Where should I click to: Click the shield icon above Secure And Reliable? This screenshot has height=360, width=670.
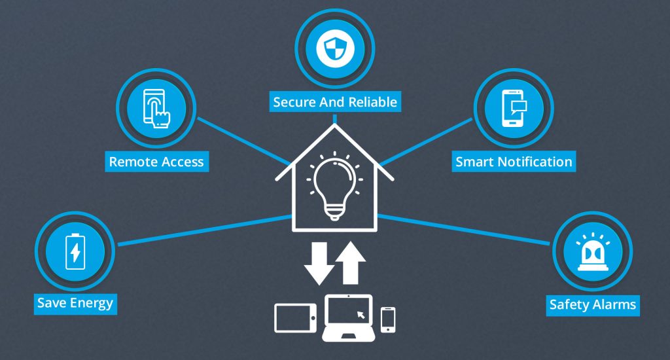tap(335, 48)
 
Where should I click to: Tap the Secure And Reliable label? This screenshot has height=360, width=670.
tap(335, 101)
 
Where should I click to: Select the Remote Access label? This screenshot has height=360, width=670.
tap(157, 162)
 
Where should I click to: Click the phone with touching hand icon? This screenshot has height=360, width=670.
tap(156, 108)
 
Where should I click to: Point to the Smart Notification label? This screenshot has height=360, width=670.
tap(514, 162)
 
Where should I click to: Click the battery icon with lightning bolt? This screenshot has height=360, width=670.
tap(75, 251)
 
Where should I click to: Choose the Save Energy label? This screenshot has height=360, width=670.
tap(75, 303)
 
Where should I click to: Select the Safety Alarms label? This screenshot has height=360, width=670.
tap(593, 305)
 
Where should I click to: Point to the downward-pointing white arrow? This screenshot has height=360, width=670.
tap(319, 263)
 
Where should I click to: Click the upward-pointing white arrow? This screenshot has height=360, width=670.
tap(351, 262)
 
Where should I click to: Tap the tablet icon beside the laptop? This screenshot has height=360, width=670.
tap(295, 317)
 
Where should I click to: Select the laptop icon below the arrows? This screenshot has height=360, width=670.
tap(348, 317)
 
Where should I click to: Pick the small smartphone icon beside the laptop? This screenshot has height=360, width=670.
tap(388, 319)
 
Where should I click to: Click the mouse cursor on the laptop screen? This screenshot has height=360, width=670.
tap(361, 315)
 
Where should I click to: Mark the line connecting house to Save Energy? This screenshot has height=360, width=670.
tap(205, 230)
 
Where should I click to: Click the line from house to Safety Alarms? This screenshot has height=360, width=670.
tap(464, 230)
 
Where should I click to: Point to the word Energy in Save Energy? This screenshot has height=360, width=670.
tap(92, 303)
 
